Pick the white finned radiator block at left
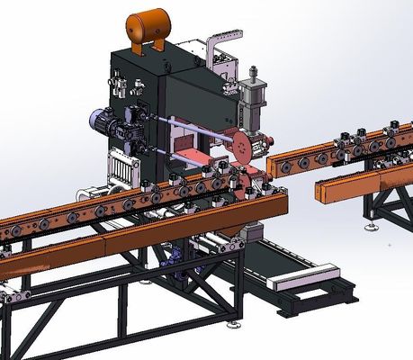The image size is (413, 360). (x=118, y=166)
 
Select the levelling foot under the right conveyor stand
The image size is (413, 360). (x=372, y=229)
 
